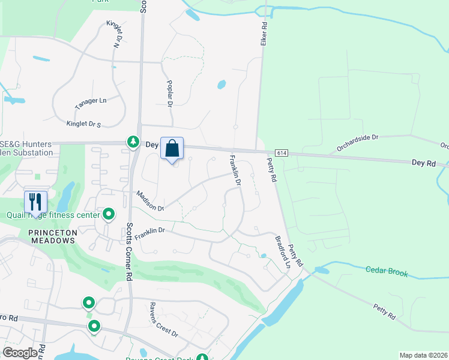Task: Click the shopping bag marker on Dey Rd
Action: (172, 148)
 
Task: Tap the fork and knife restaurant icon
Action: (35, 202)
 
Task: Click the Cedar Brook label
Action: (387, 272)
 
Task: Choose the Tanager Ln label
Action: (90, 103)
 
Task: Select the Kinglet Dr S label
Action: (82, 123)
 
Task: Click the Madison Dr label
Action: (150, 201)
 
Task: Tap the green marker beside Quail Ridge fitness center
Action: (109, 214)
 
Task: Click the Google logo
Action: (20, 353)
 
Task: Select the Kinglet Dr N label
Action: (114, 34)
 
